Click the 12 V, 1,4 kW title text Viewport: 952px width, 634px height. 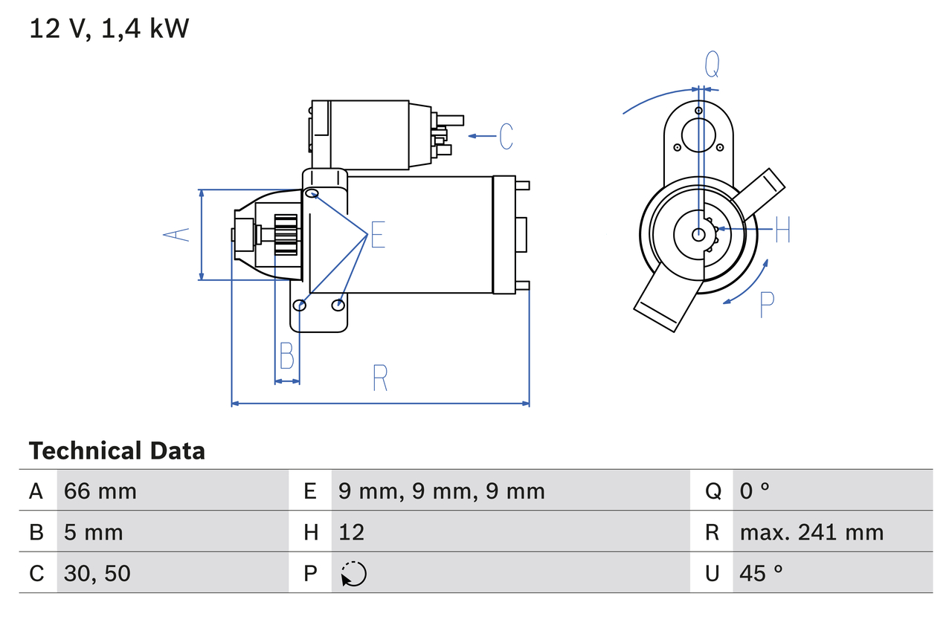click(x=109, y=29)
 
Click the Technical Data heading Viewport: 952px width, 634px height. click(x=117, y=451)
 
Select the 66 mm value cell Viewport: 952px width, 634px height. click(x=100, y=491)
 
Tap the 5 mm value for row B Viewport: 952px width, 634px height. click(x=93, y=532)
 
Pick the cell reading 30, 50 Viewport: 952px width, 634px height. click(x=97, y=573)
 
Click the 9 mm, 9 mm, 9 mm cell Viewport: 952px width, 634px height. click(x=441, y=491)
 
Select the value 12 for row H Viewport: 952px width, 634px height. click(x=351, y=532)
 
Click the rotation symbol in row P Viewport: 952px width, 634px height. click(x=353, y=574)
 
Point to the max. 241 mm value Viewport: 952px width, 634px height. click(x=811, y=532)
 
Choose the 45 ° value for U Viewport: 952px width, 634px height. click(x=761, y=573)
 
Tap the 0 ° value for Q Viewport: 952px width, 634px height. click(x=754, y=491)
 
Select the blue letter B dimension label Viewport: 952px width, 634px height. click(x=287, y=355)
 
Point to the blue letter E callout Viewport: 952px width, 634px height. click(x=378, y=235)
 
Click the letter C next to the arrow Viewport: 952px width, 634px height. click(x=506, y=137)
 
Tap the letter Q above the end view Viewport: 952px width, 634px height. click(x=712, y=65)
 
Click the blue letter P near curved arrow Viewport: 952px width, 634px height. click(x=766, y=305)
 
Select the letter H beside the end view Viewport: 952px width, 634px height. click(x=782, y=230)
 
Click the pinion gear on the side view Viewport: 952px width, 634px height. click(x=286, y=235)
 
